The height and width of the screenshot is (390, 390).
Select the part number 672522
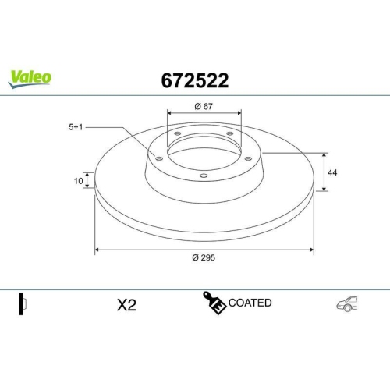point(194,80)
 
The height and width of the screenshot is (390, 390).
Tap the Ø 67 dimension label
point(204,106)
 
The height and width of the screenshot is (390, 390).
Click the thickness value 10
point(78,181)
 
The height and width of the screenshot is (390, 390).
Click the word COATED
point(250,302)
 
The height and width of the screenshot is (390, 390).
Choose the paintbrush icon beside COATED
point(214,303)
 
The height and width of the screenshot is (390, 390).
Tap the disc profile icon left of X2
point(23,304)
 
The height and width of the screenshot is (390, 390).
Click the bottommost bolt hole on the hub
point(204,175)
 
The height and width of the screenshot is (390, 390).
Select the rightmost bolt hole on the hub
point(249,158)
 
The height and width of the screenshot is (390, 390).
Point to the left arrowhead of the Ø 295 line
point(97,250)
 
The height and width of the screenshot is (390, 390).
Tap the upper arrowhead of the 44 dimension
point(323,154)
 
